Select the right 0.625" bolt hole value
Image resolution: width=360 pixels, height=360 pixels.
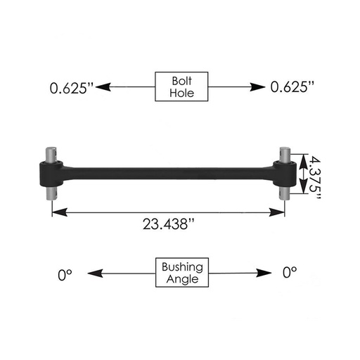point(293,88)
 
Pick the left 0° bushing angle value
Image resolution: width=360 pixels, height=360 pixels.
point(67,274)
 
